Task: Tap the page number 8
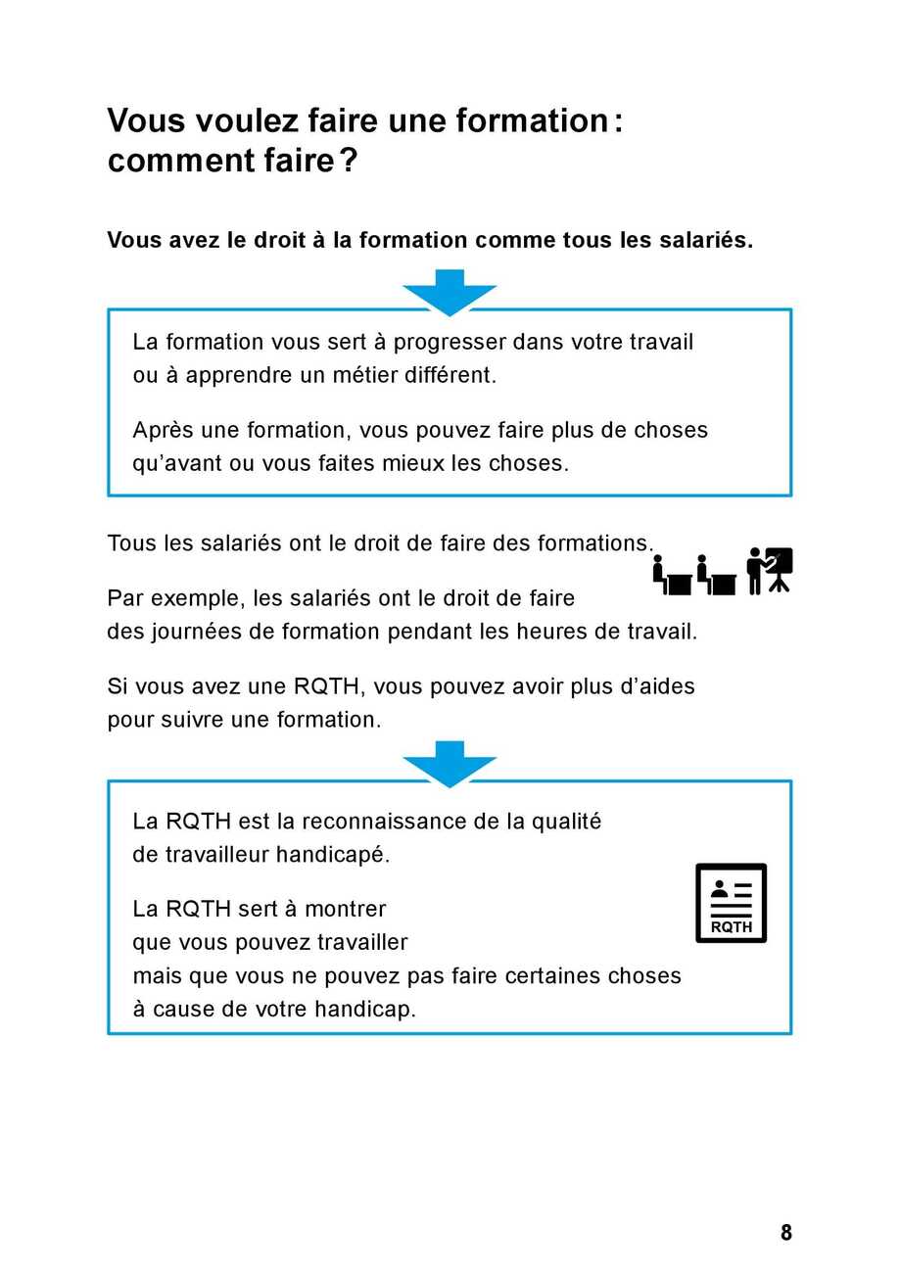click(x=785, y=1233)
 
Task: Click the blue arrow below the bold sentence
click(x=450, y=292)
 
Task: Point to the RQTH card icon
click(x=731, y=903)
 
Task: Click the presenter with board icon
click(x=769, y=570)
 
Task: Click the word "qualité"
click(x=566, y=822)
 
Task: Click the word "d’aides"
click(x=658, y=686)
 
